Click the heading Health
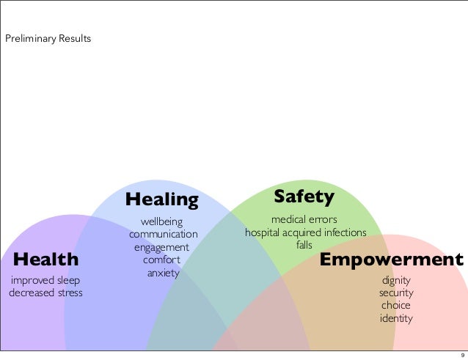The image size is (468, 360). [45, 259]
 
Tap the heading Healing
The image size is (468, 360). [162, 199]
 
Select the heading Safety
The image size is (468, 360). [304, 196]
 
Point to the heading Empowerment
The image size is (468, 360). [392, 260]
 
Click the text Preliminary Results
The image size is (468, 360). [48, 38]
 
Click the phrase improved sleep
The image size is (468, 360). [44, 280]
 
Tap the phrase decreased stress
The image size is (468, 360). [45, 293]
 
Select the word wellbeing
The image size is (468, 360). [162, 221]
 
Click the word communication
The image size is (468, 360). [164, 235]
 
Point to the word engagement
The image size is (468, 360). [161, 248]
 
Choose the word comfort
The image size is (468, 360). [162, 260]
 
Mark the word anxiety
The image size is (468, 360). [163, 273]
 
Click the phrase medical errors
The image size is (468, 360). [304, 219]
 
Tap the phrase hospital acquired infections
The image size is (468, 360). [304, 232]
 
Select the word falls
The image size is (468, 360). [304, 245]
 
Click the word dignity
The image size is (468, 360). [396, 280]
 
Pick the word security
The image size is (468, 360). [396, 293]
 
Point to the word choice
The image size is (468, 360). [396, 306]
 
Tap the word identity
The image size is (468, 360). [396, 319]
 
